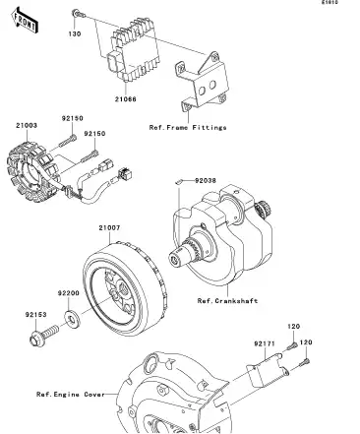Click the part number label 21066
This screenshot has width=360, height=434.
tap(127, 100)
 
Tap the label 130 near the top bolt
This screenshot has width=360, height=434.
tap(73, 34)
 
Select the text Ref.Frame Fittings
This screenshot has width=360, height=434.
tap(188, 127)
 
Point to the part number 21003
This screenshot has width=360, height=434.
tap(27, 125)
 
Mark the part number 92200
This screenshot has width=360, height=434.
tap(67, 292)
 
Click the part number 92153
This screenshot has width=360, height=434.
tap(36, 315)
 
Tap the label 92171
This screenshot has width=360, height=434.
tap(264, 344)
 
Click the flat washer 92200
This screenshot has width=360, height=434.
tap(73, 320)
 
